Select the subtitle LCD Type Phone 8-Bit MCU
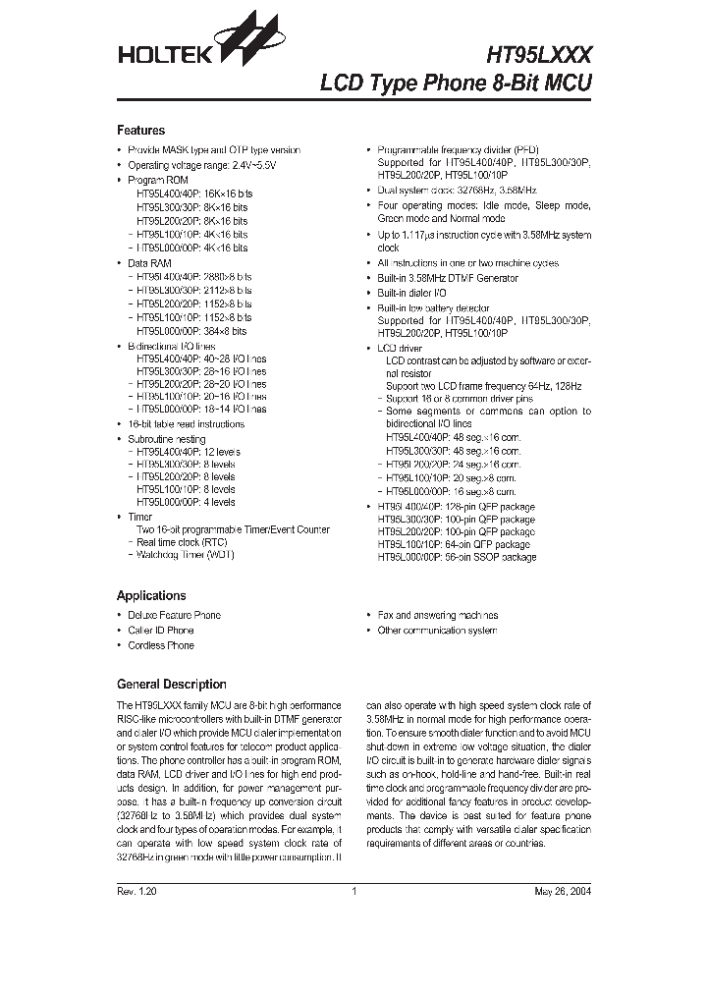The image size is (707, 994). click(457, 83)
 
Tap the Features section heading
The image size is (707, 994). click(140, 131)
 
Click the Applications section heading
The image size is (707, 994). click(151, 595)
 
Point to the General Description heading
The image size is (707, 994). click(171, 685)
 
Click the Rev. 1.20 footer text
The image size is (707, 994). click(137, 892)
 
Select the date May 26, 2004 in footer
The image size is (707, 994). click(563, 892)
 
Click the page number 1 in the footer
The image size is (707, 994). click(353, 892)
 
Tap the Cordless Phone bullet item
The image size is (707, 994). click(161, 645)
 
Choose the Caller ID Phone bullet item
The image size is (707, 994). click(161, 631)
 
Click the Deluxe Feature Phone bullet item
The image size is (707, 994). click(174, 615)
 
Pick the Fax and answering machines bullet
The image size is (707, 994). click(437, 615)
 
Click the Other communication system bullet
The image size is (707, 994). click(437, 631)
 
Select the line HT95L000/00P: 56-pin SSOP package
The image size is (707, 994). click(457, 557)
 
